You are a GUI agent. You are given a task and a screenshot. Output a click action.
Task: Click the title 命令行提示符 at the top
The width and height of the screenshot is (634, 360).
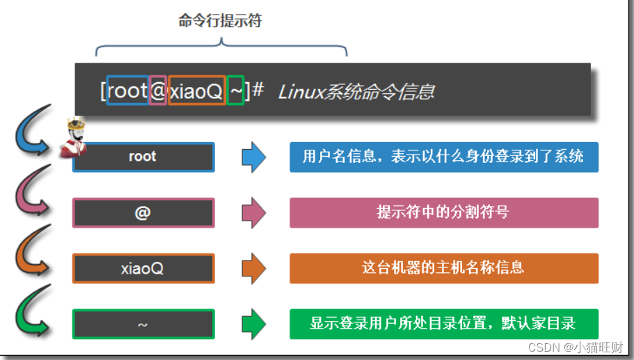[x=220, y=22]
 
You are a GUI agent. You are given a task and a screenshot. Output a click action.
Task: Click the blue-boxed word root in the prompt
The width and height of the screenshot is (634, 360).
[x=128, y=91]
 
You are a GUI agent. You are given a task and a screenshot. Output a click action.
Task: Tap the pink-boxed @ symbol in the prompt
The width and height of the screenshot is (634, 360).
[x=158, y=91]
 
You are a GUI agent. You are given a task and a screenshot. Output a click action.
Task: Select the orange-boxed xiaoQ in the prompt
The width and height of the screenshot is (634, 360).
[x=197, y=91]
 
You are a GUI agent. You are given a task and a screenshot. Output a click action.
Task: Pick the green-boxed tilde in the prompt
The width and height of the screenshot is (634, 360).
[x=236, y=91]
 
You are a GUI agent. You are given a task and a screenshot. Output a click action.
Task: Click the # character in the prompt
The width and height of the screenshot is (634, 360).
[x=257, y=90]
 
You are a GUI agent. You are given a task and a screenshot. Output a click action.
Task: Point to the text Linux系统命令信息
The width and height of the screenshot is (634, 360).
[x=356, y=91]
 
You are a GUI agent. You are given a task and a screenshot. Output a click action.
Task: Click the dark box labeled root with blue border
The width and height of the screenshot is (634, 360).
[x=143, y=157]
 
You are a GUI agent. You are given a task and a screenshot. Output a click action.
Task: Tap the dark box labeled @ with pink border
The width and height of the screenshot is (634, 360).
[x=143, y=213]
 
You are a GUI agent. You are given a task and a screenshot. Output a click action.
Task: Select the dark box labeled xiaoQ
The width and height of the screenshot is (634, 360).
[x=143, y=268]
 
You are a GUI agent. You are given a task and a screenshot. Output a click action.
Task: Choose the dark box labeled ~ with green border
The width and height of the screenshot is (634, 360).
[x=143, y=324]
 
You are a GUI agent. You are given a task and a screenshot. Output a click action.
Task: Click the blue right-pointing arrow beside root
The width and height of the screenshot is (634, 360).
[x=253, y=157]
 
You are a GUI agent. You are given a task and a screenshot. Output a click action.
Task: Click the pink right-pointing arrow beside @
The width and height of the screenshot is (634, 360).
[x=253, y=212]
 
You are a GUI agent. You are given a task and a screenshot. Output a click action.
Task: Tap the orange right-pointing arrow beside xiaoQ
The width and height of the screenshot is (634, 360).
[x=253, y=268]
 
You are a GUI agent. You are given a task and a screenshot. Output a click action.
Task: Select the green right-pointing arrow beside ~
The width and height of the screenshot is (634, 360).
[x=253, y=324]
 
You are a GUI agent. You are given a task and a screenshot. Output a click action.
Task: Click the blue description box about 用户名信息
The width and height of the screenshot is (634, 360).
[x=443, y=157]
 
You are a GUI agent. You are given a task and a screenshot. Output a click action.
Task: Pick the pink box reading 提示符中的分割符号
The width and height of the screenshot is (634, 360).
[x=443, y=212]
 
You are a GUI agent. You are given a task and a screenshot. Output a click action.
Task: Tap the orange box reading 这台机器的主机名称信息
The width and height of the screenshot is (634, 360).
[x=443, y=267]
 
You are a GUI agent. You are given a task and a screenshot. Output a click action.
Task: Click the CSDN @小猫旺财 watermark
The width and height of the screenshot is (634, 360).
[x=576, y=347]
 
